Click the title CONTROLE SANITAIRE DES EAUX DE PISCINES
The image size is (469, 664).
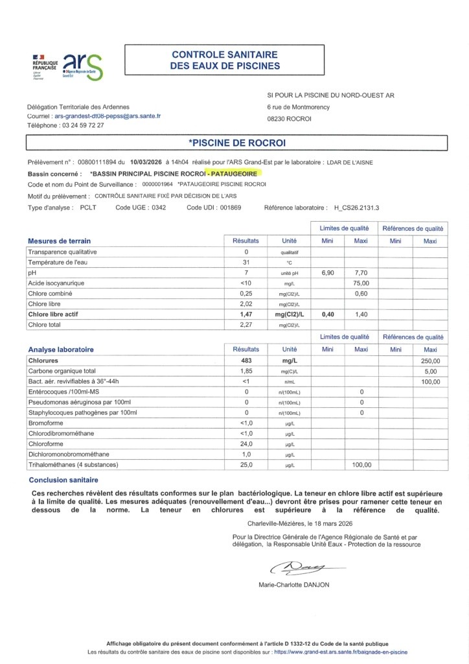225,60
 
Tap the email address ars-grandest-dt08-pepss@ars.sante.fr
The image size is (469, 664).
108,116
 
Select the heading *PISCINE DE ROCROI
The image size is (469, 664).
236,143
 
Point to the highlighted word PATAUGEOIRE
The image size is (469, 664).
234,174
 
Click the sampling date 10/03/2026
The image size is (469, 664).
146,163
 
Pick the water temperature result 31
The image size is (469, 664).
246,262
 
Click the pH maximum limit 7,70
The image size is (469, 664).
361,273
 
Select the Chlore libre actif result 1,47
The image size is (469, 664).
246,314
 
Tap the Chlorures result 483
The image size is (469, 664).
246,360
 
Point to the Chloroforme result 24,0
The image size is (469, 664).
246,444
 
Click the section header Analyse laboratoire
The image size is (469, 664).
62,349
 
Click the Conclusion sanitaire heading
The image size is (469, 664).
63,480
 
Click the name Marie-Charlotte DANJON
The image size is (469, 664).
293,585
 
